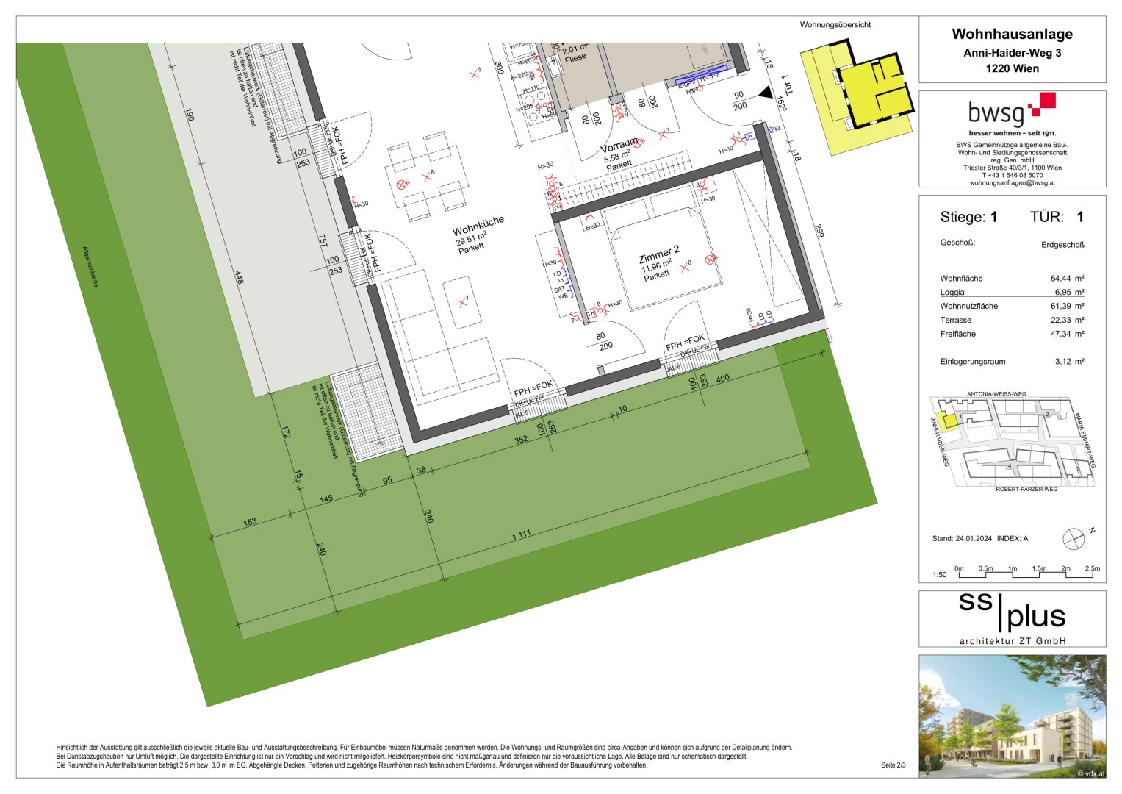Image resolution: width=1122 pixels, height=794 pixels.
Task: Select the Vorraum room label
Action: coord(619,146)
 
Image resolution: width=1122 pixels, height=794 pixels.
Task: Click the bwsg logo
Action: coord(1011,112)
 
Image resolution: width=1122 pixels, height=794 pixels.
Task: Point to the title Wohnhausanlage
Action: coord(1012,34)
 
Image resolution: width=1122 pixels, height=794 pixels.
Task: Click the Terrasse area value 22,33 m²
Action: coord(1067,320)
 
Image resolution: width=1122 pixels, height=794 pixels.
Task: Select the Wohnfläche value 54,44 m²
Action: coord(1067,279)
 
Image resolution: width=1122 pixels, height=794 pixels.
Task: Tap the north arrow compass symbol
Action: coord(1074,538)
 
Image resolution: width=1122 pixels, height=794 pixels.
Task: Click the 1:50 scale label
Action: coord(939,575)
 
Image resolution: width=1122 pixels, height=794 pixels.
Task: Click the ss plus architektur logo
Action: coord(1012,619)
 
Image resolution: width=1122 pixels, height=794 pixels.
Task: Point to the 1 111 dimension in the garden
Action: coord(521,534)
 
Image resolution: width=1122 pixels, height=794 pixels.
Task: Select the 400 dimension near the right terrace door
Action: coord(722,379)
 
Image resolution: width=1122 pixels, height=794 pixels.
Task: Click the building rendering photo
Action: coord(1012,716)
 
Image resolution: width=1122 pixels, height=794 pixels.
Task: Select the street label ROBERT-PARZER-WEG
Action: coord(1026,489)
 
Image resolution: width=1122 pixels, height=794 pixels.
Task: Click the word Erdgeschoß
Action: coord(1062,245)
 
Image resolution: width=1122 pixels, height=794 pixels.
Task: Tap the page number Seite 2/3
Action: coord(893,765)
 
